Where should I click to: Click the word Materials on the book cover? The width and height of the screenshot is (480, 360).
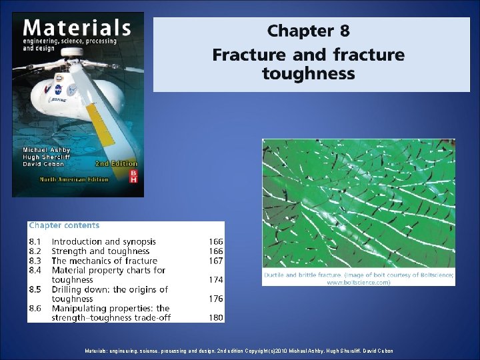tap(77, 29)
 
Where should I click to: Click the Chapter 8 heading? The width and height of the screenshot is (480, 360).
tap(308, 31)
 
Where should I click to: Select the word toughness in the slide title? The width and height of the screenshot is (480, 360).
tap(308, 73)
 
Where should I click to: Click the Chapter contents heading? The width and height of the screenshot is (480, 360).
tap(64, 225)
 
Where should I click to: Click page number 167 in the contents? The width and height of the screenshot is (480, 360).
tap(215, 261)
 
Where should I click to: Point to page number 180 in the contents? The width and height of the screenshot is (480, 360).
tap(215, 318)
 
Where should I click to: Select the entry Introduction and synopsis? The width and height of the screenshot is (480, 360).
tap(104, 241)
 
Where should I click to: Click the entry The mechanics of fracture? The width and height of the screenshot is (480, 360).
tap(105, 261)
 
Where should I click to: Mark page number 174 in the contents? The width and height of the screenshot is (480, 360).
tap(215, 280)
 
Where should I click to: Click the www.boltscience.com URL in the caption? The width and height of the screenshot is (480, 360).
tap(359, 283)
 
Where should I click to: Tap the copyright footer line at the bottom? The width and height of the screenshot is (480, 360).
tap(239, 351)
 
